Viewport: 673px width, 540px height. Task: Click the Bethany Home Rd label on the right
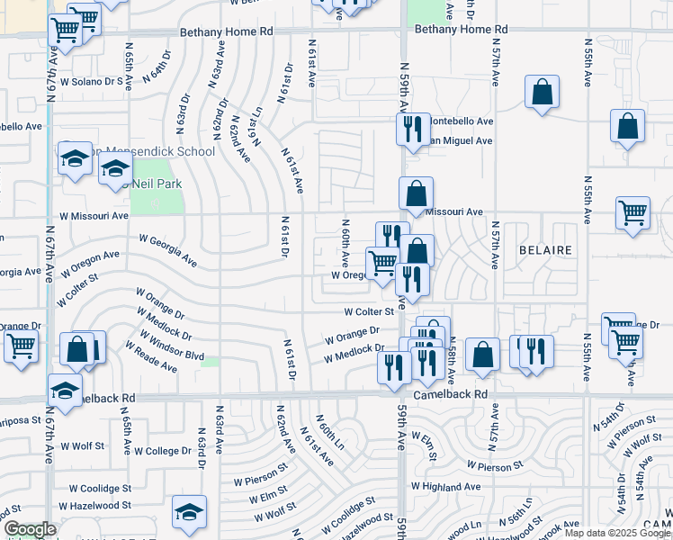coord(457,30)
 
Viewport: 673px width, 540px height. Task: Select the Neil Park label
coord(157,183)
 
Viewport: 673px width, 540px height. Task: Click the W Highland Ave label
coord(445,487)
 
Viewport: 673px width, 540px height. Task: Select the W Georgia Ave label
coord(167,251)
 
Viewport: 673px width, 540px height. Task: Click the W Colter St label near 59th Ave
coord(370,311)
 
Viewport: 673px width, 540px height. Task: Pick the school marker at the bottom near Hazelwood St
coord(189,512)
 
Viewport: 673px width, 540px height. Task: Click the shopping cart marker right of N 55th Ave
coord(633,213)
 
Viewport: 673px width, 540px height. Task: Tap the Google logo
coord(30,529)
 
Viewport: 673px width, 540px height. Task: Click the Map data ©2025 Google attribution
coord(617,533)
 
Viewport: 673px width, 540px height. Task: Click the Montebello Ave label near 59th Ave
coord(460,121)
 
